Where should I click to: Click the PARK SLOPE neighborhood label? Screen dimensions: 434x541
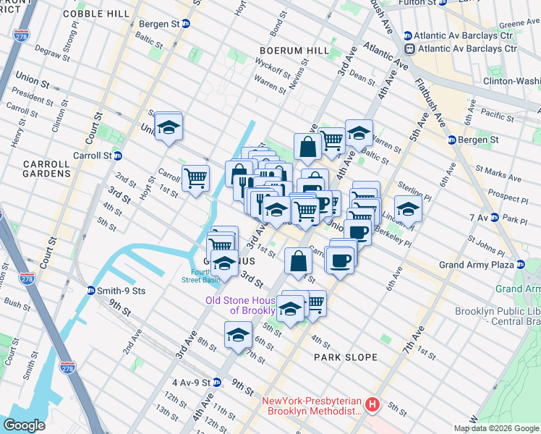pos(346,357)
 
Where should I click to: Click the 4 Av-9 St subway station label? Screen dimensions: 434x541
pos(196,382)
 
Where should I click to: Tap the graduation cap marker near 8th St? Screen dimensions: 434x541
pos(239,335)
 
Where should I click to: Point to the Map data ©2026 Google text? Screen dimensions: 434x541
pos(496,428)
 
